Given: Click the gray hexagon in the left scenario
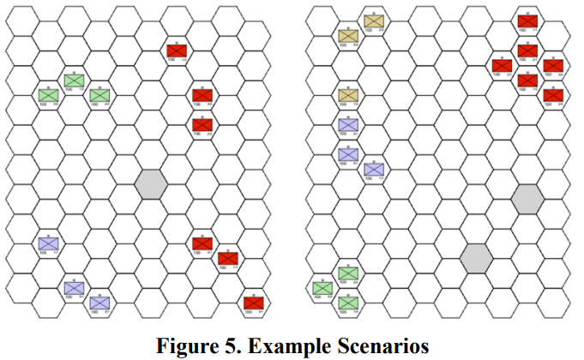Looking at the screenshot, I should [x=150, y=182].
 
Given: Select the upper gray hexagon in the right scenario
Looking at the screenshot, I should [x=527, y=198].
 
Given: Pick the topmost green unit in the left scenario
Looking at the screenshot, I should [x=74, y=80].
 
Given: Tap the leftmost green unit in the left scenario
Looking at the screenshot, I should [x=47, y=94].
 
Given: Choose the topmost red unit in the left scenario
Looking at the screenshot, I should [x=177, y=51].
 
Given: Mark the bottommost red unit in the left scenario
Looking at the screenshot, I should [x=253, y=303].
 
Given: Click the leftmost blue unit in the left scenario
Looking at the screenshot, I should [x=47, y=242].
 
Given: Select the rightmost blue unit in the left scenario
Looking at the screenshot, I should [x=99, y=302].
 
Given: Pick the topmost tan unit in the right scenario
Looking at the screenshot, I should [x=373, y=21].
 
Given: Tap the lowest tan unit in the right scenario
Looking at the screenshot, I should [x=347, y=94].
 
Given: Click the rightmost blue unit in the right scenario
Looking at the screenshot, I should [x=373, y=169].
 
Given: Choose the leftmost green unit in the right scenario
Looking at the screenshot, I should [x=322, y=287].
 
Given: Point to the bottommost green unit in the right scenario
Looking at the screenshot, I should [x=347, y=303].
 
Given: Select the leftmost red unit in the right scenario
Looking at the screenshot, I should [x=502, y=65].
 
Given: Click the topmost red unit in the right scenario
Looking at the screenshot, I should [x=527, y=21].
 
